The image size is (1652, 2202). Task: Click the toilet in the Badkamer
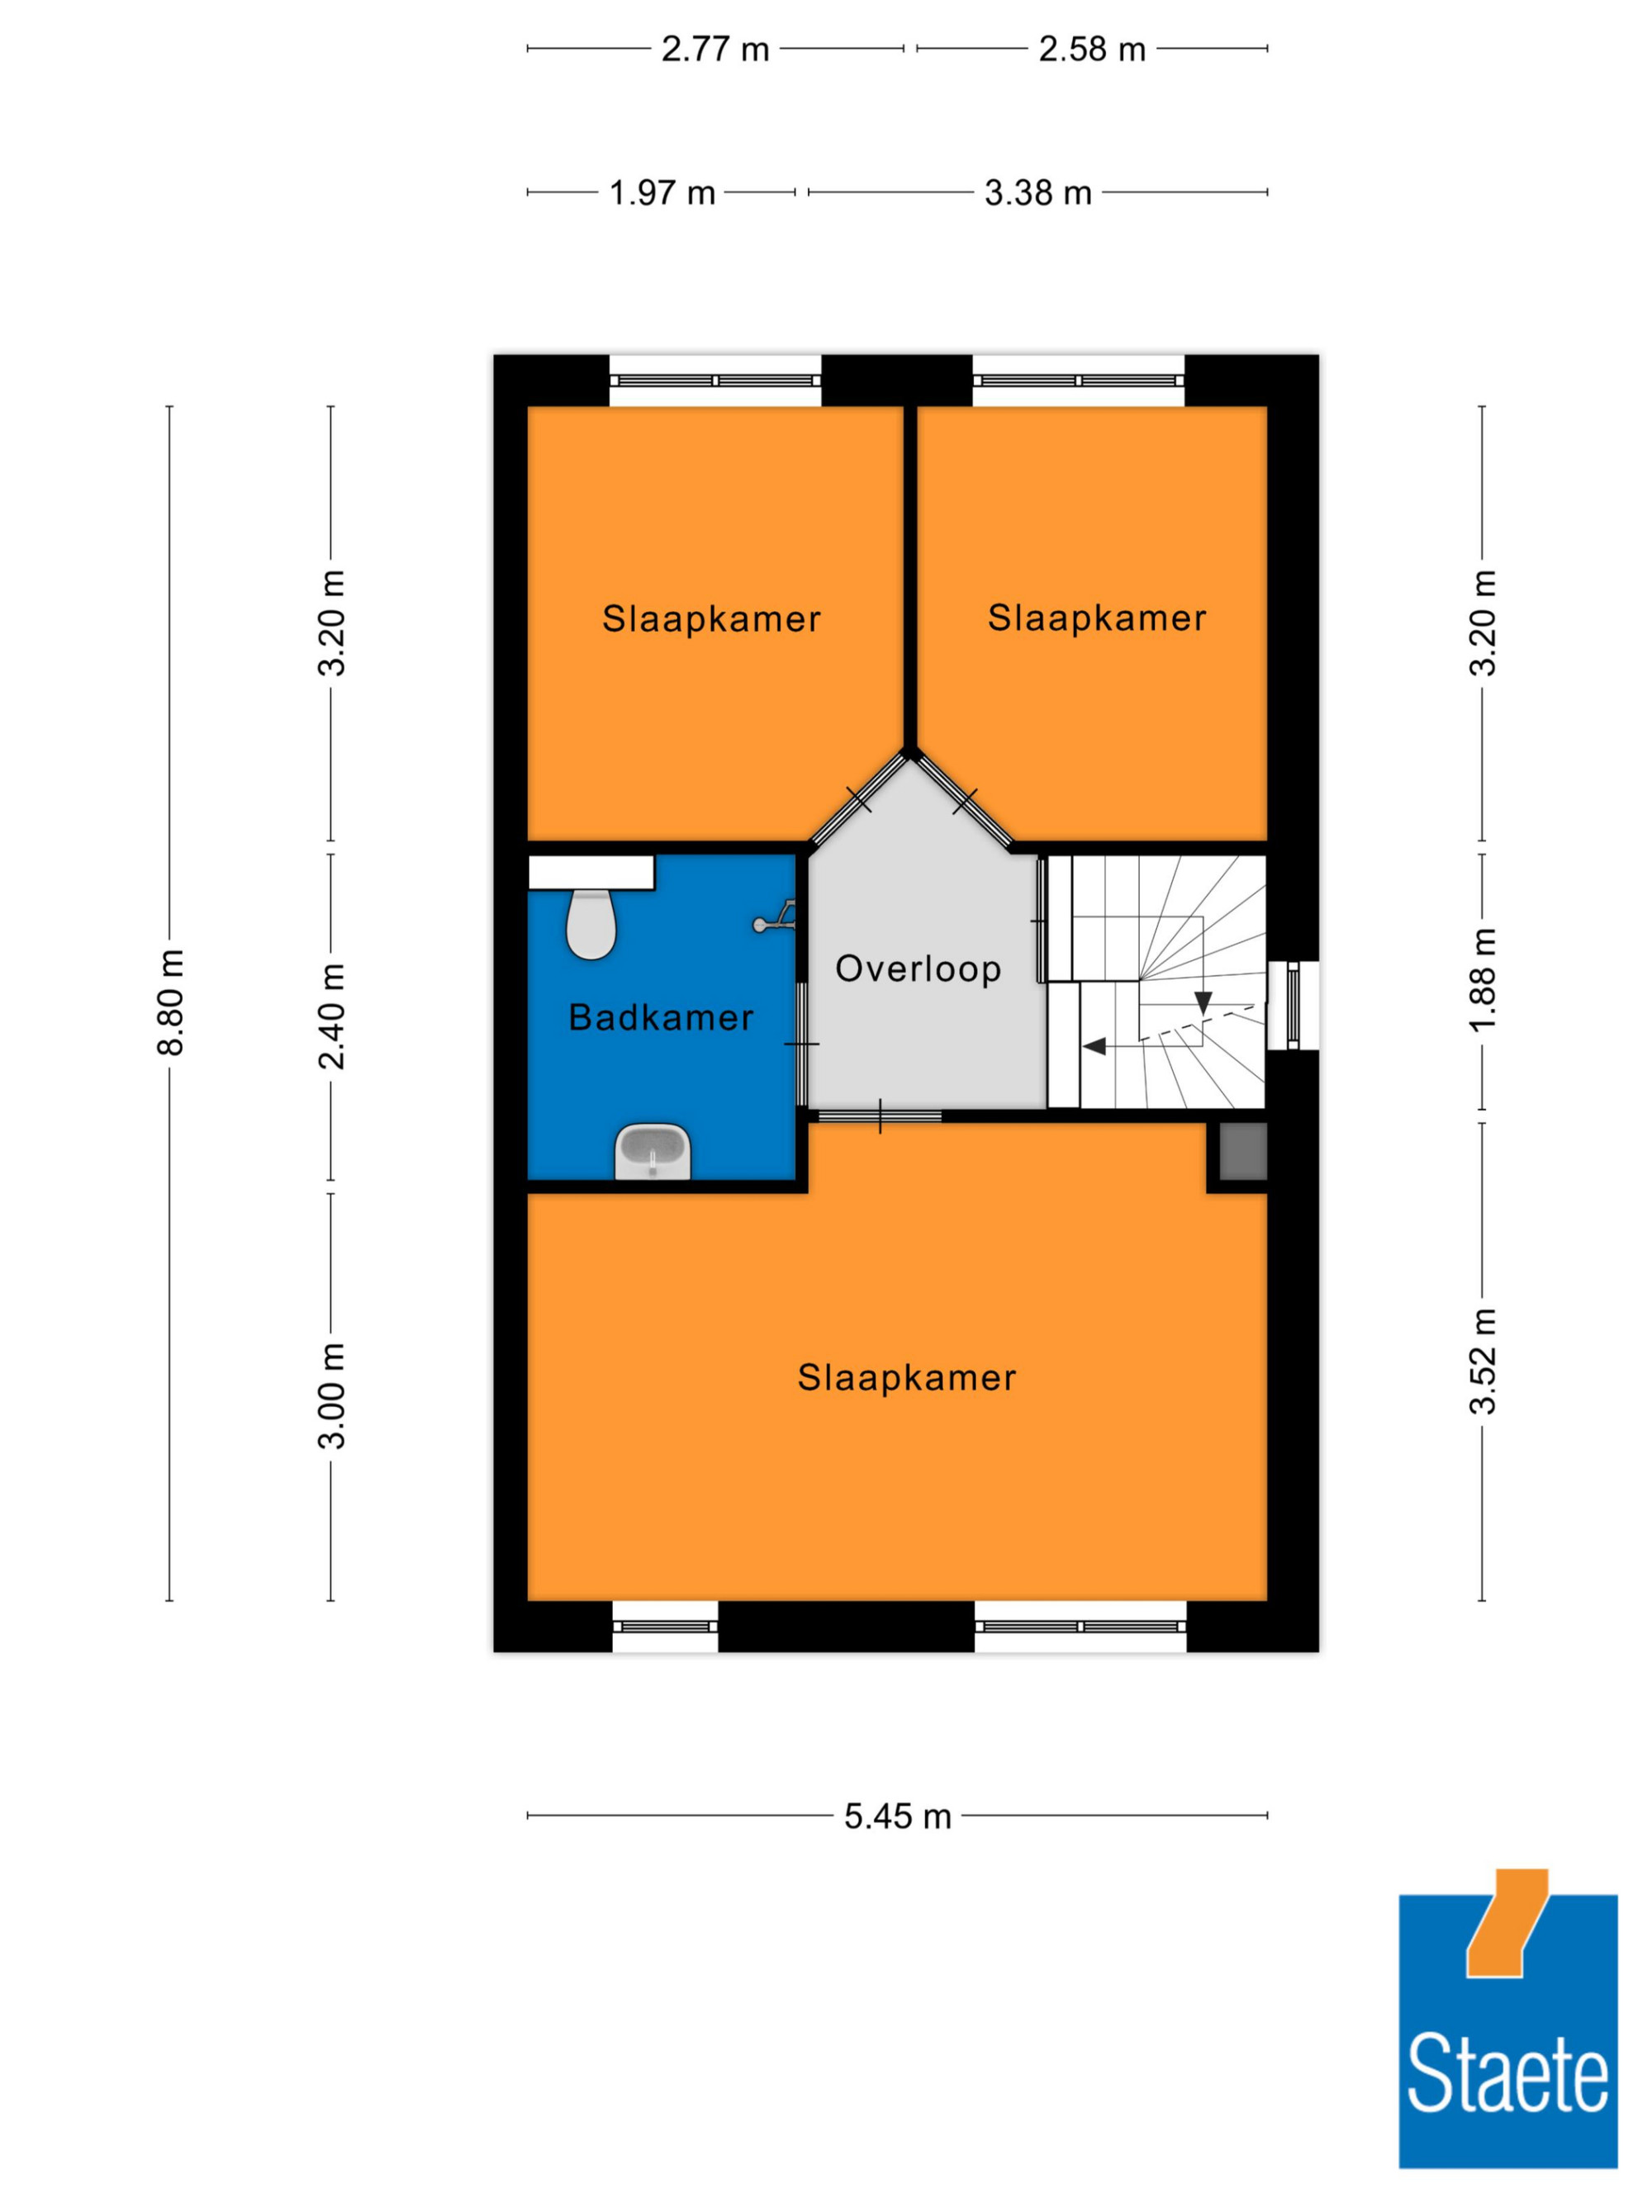pos(591,923)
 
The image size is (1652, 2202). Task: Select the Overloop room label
pos(919,968)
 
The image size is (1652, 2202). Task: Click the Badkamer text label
pos(660,1017)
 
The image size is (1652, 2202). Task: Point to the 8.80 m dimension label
pos(171,1002)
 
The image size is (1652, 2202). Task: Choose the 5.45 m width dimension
pos(897,1816)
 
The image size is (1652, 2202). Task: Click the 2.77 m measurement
pos(715,49)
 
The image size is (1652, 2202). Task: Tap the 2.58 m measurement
pos(1092,49)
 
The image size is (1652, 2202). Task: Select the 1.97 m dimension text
pos(662,192)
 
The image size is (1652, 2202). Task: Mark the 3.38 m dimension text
pos(1037,192)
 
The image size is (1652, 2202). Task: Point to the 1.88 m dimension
pos(1483,981)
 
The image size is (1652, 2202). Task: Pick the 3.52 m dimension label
pos(1483,1361)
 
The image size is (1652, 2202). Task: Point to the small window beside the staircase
pos(1294,1005)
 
